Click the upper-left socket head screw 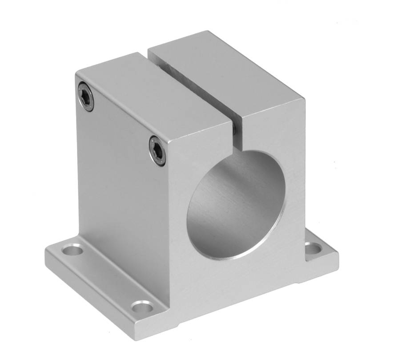pyautogui.click(x=86, y=97)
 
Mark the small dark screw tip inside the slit pyautogui.click(x=234, y=129)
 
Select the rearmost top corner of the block pyautogui.click(x=207, y=31)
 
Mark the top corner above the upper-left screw pyautogui.click(x=76, y=71)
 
